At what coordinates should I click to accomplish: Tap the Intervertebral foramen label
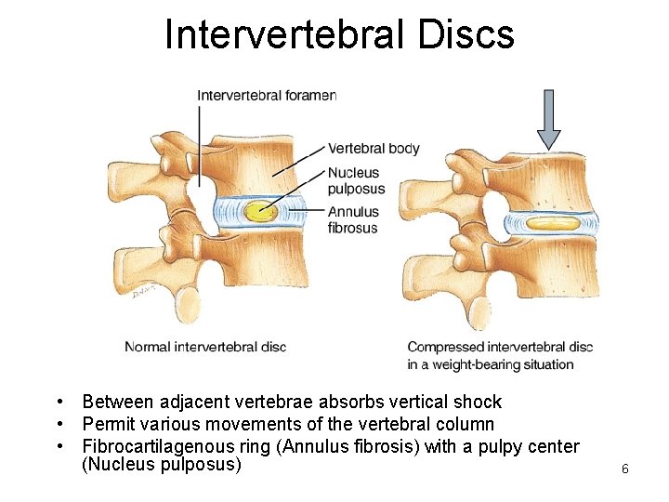tap(266, 94)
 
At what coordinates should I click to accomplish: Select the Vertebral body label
tap(374, 148)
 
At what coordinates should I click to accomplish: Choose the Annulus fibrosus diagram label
tap(353, 219)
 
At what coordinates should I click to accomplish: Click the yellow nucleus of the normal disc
tap(260, 211)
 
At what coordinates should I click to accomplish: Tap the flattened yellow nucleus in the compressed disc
tap(552, 223)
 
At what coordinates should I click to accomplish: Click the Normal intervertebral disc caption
tap(205, 347)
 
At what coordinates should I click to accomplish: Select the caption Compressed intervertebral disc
tap(500, 347)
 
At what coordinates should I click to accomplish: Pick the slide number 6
tap(625, 469)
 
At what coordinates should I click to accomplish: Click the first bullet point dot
tap(59, 403)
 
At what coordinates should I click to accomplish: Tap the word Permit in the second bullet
tap(108, 425)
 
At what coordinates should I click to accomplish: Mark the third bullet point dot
tap(59, 447)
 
